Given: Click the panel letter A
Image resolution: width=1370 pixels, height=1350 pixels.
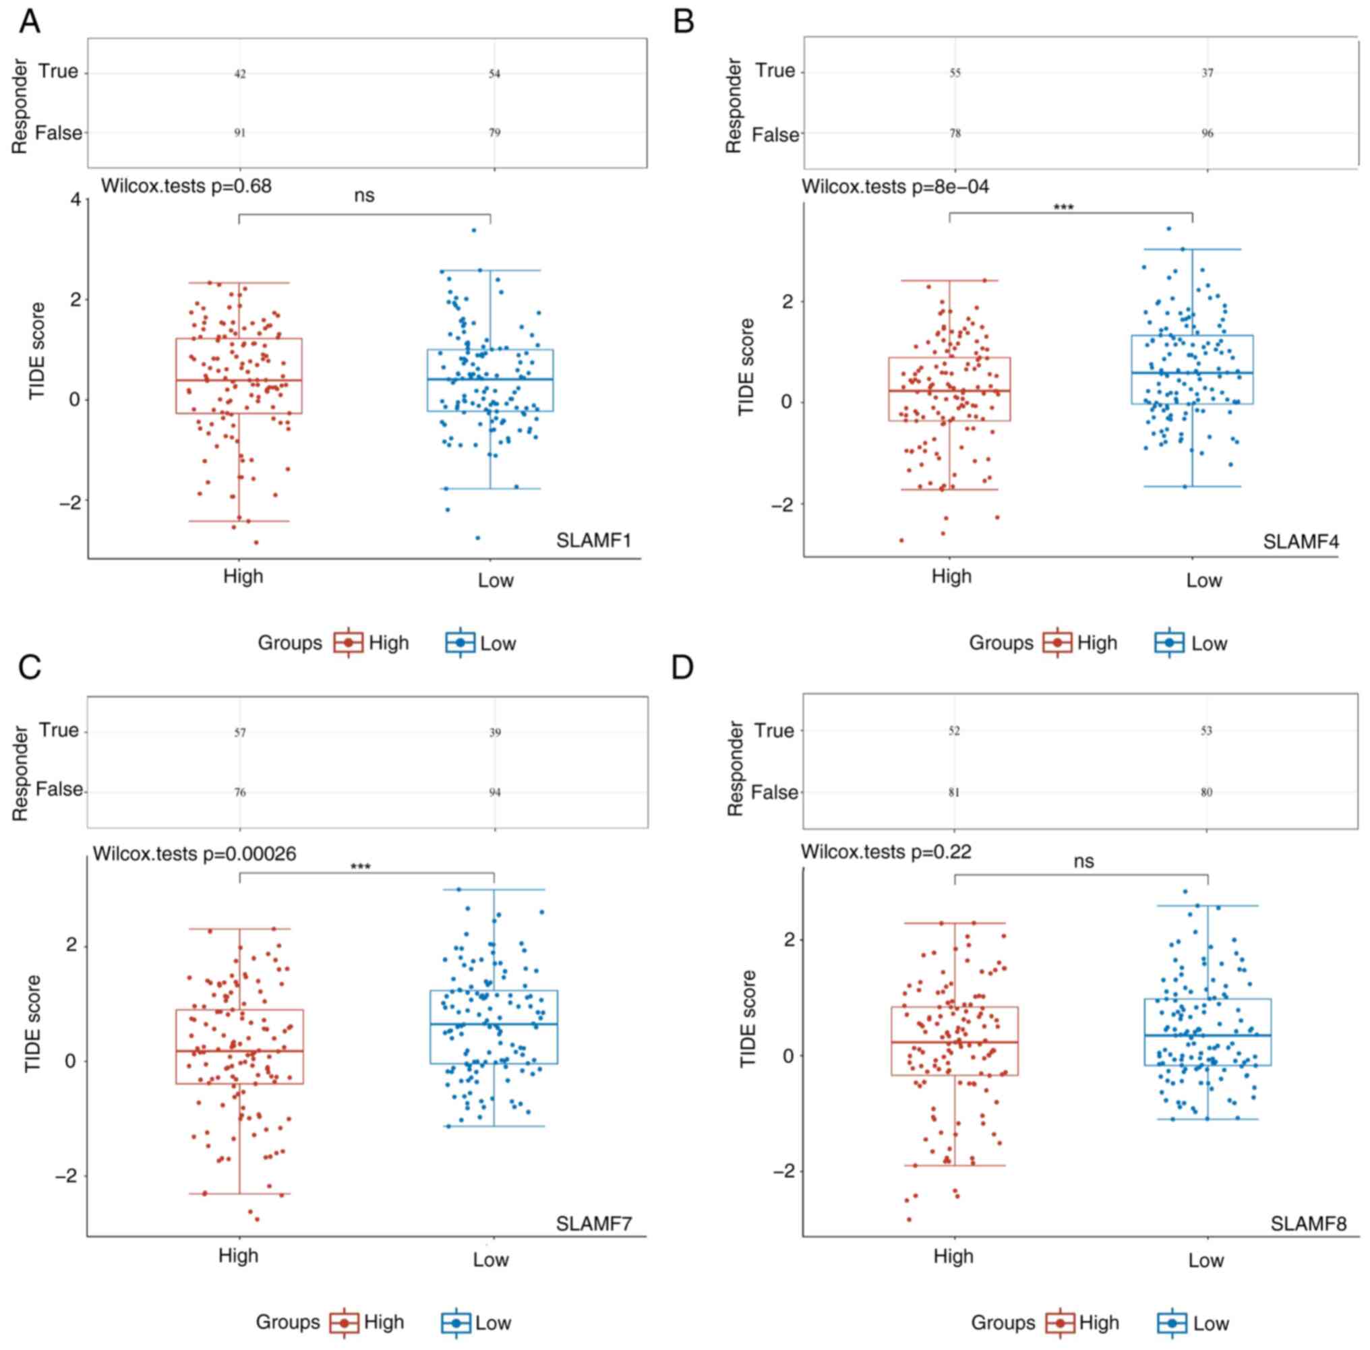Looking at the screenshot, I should tap(29, 22).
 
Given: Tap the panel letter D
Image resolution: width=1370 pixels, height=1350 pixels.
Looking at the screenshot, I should tap(682, 667).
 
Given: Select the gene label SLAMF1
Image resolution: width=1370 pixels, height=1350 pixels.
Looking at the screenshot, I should tap(593, 541).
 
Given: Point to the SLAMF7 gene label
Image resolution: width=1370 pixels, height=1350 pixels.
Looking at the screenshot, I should tap(593, 1224).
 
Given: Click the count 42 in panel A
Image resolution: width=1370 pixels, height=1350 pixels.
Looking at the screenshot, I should tap(241, 73).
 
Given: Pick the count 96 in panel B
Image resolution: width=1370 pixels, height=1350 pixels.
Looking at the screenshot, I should tap(1207, 133).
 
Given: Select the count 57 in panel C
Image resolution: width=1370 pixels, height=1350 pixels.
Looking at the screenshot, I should tap(241, 733).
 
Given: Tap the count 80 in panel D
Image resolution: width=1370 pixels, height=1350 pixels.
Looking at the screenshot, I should tap(1206, 792).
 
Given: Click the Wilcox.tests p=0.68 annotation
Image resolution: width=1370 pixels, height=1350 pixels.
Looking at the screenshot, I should tap(186, 187).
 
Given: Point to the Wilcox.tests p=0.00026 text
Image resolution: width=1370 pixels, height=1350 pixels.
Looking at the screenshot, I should tap(194, 854).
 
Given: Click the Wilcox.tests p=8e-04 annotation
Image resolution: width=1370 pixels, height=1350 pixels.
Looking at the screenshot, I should tap(895, 187).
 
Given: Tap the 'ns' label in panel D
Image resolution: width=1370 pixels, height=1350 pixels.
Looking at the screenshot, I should tap(1083, 861).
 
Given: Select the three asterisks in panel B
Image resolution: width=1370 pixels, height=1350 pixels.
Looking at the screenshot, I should tap(1064, 208).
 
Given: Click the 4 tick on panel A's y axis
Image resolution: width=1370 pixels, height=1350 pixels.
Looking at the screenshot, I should tap(75, 201).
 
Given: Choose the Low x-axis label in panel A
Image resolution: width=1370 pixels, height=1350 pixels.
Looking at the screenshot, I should tap(495, 581).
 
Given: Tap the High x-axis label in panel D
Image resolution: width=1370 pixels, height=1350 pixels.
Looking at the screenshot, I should tap(953, 1256).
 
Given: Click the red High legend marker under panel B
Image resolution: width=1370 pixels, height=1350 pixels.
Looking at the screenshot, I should tap(1057, 643).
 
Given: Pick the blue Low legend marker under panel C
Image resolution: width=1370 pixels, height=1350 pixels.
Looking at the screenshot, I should tap(456, 1323).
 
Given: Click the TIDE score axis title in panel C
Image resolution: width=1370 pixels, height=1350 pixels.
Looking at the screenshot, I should tap(33, 1024).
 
